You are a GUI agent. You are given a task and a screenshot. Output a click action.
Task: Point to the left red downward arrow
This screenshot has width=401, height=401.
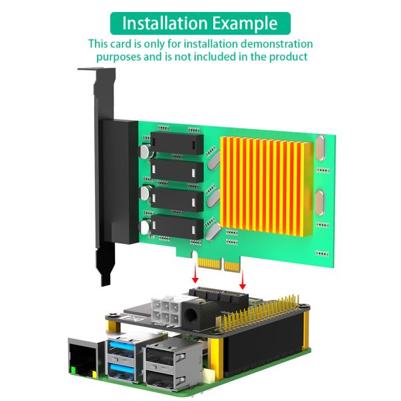(x=195, y=274)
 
